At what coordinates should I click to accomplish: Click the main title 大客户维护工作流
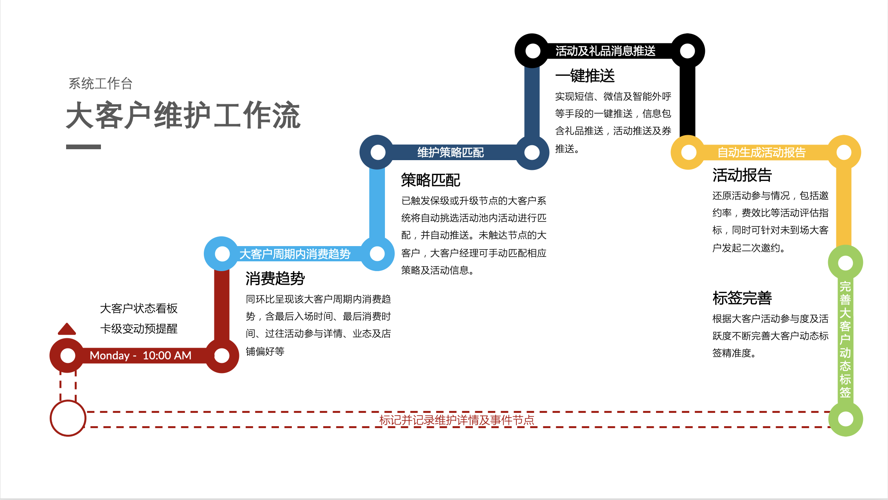183,115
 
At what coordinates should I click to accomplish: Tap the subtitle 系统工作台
101,84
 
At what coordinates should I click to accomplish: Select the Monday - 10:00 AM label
140,355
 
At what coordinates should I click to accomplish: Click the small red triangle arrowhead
67,329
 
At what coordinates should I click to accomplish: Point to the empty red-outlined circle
68,418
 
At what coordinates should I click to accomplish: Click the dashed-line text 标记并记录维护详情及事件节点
457,420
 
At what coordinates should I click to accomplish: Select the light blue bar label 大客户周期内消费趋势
295,254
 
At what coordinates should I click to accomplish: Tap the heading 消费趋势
275,279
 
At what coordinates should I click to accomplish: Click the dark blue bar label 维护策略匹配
450,152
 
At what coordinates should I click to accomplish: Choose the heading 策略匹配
430,180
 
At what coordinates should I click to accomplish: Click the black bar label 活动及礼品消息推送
605,51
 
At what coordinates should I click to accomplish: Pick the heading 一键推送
585,76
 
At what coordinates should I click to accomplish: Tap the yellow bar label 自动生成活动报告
761,152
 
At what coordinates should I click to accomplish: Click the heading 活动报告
742,175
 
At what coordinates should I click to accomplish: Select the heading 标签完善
742,298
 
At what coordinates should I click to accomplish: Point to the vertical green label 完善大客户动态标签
845,339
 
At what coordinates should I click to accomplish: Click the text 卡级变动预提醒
138,329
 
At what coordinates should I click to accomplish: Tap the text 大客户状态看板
138,308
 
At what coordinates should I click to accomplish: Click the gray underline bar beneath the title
83,147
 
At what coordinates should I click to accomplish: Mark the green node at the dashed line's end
845,419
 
